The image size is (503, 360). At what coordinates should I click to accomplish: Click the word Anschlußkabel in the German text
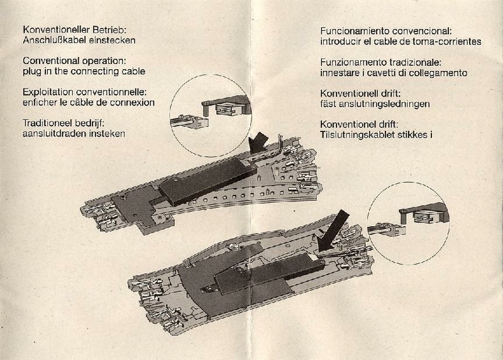coord(52,40)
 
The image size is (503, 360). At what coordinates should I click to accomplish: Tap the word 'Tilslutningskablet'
coord(358,134)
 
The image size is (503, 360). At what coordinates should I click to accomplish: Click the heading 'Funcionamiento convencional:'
coord(386,30)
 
